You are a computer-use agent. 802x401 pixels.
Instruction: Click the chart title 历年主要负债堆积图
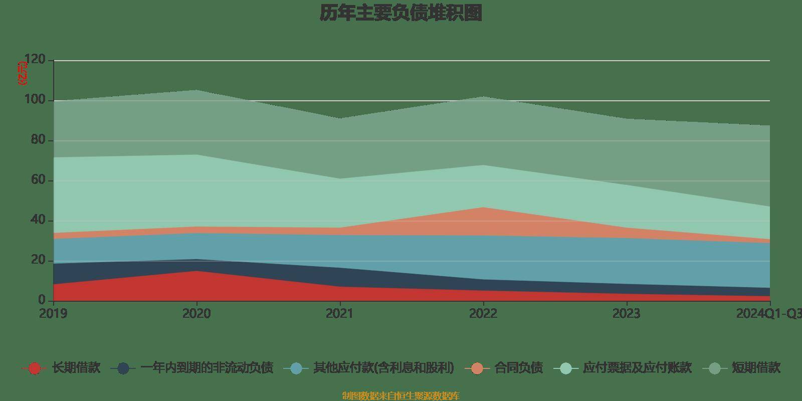point(401,14)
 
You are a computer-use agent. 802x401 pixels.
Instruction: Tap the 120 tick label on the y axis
point(35,60)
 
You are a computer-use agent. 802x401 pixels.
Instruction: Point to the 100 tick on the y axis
point(35,100)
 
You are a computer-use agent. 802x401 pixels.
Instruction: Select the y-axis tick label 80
point(38,140)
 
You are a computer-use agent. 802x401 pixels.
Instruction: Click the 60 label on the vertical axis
point(38,180)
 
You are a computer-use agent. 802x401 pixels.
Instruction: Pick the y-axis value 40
point(38,221)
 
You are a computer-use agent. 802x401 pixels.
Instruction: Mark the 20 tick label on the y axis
point(38,261)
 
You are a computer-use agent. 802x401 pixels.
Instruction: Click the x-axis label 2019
point(53,314)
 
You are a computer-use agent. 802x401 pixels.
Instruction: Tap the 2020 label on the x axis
point(196,314)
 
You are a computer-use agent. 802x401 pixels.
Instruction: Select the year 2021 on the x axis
point(339,314)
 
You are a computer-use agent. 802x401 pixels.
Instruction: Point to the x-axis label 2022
point(483,314)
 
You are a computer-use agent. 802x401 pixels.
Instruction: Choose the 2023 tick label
point(626,314)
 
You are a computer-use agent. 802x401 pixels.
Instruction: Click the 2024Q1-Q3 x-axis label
point(768,314)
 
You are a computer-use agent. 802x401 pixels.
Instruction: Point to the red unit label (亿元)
point(23,73)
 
